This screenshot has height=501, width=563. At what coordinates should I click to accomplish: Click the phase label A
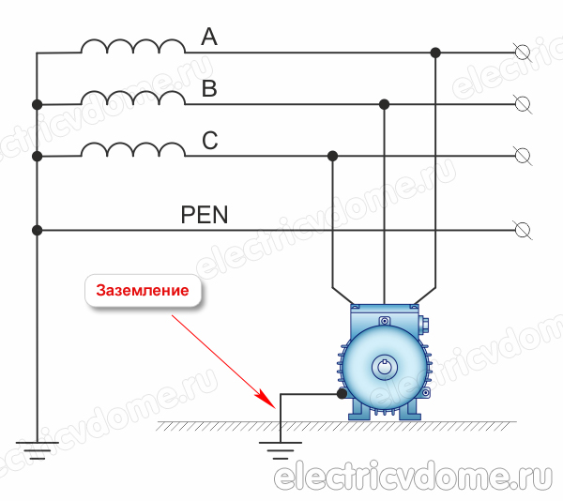click(x=209, y=38)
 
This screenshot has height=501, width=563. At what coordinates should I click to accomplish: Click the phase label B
click(x=209, y=90)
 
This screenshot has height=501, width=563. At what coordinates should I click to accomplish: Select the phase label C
click(x=210, y=142)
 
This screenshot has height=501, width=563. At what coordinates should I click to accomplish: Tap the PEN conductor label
click(x=205, y=215)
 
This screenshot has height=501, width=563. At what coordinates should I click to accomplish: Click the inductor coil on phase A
click(x=132, y=47)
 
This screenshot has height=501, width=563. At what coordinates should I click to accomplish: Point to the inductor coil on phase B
click(x=132, y=98)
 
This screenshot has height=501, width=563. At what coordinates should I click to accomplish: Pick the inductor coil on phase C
click(x=132, y=149)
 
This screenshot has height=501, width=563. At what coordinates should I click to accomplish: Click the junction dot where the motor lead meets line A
click(x=435, y=53)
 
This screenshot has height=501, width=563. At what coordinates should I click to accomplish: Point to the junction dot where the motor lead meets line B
click(x=384, y=103)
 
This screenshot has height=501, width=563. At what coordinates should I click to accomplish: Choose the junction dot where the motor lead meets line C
click(x=332, y=155)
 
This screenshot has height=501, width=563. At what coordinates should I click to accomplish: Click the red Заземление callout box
click(x=145, y=290)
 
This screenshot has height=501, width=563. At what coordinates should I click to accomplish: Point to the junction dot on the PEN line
click(x=37, y=229)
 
